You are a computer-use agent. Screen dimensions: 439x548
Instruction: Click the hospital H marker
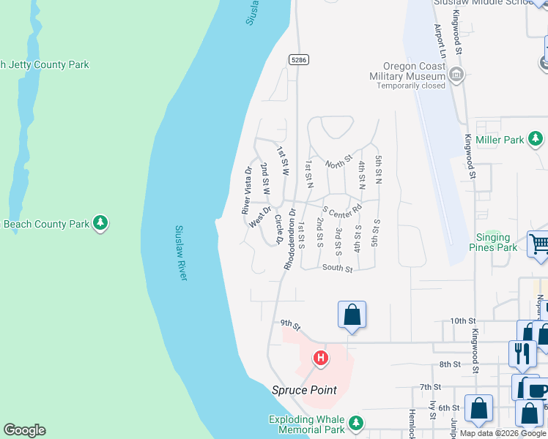click(x=320, y=359)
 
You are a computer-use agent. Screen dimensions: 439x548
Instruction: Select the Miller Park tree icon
click(x=536, y=138)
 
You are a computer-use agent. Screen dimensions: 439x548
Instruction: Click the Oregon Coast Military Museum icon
click(x=456, y=73)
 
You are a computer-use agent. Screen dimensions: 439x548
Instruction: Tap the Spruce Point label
click(x=305, y=390)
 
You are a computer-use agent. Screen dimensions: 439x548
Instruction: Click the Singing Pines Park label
click(x=493, y=242)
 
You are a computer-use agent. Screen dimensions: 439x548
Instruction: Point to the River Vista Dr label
click(x=247, y=191)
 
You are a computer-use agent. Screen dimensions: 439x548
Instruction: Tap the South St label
click(x=338, y=269)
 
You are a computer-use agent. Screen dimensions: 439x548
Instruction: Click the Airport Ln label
click(x=440, y=41)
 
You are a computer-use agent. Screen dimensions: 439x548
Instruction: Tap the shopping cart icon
click(x=538, y=244)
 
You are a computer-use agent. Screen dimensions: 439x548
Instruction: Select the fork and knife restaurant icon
click(x=522, y=353)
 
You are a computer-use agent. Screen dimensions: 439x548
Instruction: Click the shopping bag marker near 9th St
click(x=352, y=315)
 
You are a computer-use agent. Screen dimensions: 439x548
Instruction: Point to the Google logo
click(x=24, y=430)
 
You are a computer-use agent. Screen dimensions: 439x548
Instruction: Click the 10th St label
click(x=463, y=321)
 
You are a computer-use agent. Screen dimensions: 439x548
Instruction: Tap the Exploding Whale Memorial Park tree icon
click(x=355, y=422)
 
